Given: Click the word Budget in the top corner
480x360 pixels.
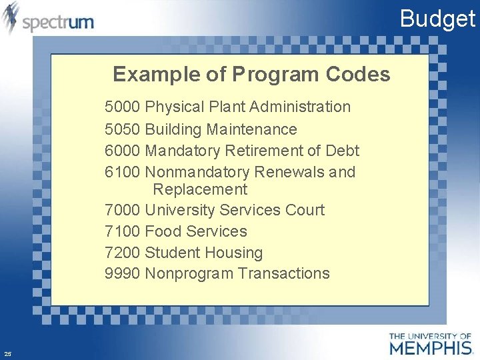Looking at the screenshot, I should pos(437,19).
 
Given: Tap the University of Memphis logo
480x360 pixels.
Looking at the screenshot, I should pos(430,343).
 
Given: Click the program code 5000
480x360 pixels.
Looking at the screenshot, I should pos(122,107).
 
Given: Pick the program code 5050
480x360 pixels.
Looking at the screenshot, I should pos(122,129).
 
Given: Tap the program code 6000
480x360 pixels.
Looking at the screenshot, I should pos(122,151).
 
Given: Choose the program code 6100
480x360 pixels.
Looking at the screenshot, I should pos(122,172).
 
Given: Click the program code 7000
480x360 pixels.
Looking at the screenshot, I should pos(122,210).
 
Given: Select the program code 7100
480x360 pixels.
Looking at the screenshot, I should pos(122,231).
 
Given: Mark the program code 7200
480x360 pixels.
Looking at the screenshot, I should pos(122,253).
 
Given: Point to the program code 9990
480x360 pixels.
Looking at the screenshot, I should pos(122,273).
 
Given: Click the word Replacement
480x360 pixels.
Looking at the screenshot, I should pos(200,189).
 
